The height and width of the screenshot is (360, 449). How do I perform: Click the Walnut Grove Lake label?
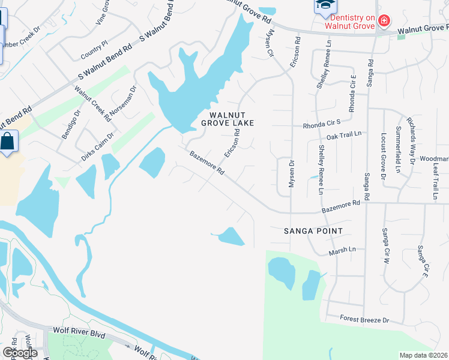point(232,118)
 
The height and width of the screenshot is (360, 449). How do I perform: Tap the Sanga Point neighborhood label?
point(313,231)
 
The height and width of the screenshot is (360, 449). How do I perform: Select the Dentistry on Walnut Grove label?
point(349,22)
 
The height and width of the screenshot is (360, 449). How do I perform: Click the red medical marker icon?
point(384,22)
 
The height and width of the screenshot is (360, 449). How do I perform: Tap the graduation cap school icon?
point(322,5)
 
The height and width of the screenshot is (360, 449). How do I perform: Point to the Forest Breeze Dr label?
point(364,319)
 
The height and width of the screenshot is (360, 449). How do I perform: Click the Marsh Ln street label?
point(342,251)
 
